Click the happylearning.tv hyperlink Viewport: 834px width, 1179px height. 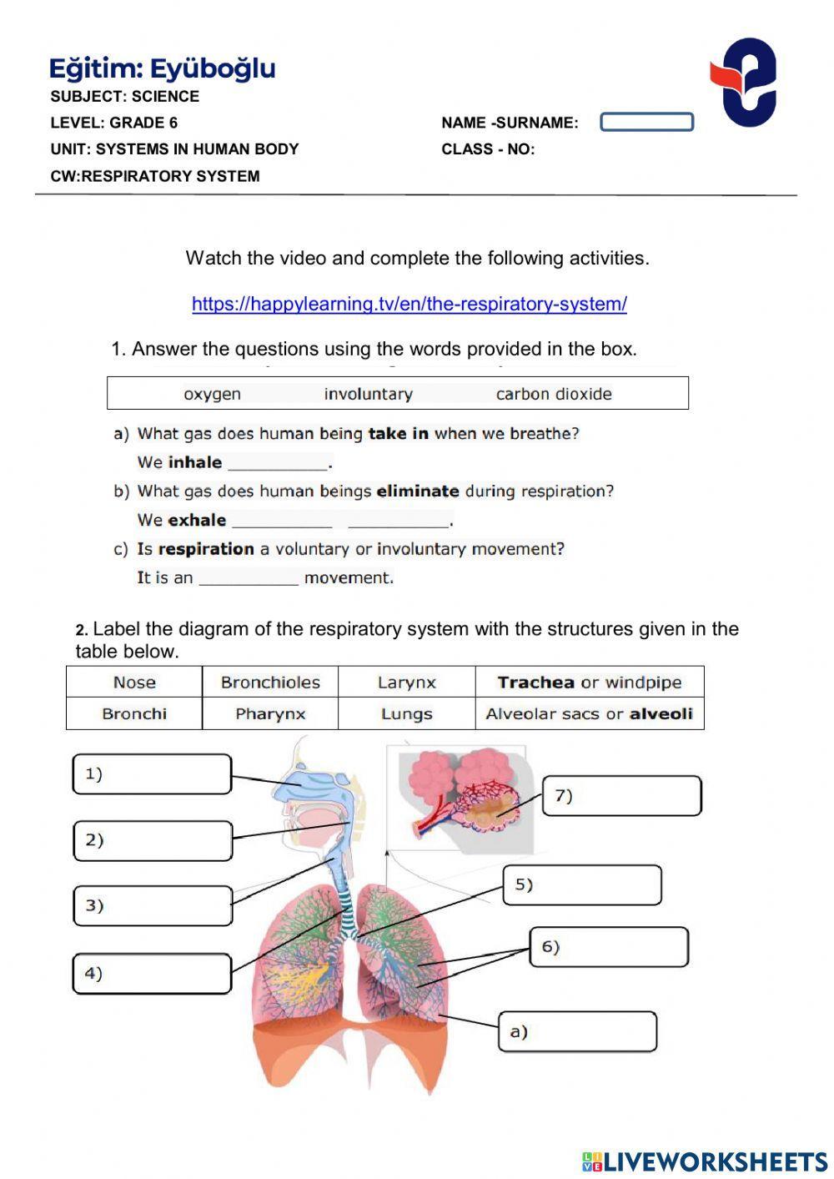point(409,304)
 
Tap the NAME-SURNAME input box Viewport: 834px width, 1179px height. point(646,123)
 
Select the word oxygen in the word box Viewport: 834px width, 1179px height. point(212,394)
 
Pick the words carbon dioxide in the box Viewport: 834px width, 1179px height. point(554,394)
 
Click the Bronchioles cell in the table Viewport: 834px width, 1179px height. point(270,683)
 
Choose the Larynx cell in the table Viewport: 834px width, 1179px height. point(406,683)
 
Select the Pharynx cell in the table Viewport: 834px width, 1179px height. point(270,714)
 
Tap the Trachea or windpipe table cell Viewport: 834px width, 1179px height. point(589,683)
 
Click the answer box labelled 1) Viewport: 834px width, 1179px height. point(152,774)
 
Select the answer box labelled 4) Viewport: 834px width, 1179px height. point(152,974)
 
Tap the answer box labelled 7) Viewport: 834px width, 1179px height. point(622,796)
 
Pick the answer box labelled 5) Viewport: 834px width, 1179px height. point(582,884)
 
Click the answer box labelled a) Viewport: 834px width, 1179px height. point(577,1032)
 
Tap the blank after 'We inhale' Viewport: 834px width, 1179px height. point(279,463)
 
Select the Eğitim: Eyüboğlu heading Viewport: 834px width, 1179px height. point(163,68)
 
